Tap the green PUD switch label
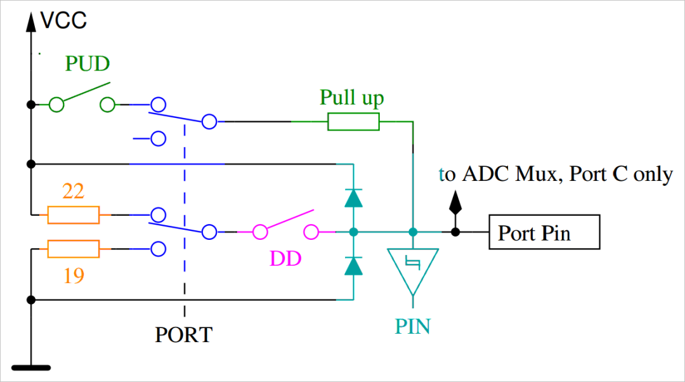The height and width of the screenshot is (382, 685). [88, 64]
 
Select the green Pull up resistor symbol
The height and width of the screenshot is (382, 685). [353, 121]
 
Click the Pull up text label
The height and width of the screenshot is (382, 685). [351, 98]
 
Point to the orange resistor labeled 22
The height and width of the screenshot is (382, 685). [74, 215]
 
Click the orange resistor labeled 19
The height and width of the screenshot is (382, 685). [74, 249]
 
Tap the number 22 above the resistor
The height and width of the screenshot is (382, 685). [74, 191]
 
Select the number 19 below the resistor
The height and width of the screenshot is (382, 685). [74, 276]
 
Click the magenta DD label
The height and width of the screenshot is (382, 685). [285, 259]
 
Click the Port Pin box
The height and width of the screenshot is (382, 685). [544, 232]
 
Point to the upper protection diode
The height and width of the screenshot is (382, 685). [353, 198]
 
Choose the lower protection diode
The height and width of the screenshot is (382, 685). [353, 265]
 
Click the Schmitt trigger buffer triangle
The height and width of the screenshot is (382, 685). [413, 266]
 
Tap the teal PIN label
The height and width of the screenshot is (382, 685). [413, 326]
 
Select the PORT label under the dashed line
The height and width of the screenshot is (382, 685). [184, 334]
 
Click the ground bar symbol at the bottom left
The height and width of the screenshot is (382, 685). [30, 367]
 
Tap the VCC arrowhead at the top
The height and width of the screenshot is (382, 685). [30, 22]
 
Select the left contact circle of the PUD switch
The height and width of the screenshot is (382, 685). [57, 105]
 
